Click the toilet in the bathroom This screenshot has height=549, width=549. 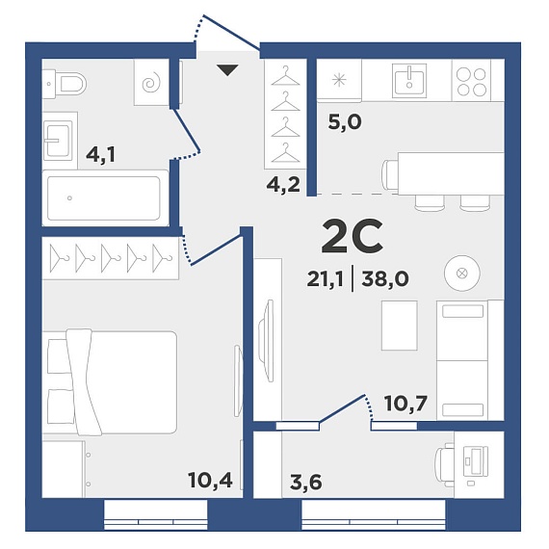[65, 84]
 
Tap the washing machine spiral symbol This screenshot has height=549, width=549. [151, 84]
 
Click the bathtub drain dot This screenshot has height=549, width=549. [69, 198]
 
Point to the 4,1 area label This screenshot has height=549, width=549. [101, 155]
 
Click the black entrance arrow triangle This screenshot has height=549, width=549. [227, 70]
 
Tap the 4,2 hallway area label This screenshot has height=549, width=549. [283, 185]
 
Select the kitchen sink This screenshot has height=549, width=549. [409, 81]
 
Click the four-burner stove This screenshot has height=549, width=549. [471, 82]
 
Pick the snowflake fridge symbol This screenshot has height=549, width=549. [339, 81]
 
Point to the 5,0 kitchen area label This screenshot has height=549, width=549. [345, 122]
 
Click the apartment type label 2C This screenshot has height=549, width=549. [352, 236]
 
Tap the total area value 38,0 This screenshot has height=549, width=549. [385, 279]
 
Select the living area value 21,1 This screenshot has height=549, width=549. [325, 279]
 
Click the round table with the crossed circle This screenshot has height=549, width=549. [462, 274]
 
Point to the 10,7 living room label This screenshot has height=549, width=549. [405, 404]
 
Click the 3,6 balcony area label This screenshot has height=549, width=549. [306, 483]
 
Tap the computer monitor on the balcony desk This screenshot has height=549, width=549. [475, 461]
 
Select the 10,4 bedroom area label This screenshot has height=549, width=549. [210, 480]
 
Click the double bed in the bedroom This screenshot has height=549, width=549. [110, 382]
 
